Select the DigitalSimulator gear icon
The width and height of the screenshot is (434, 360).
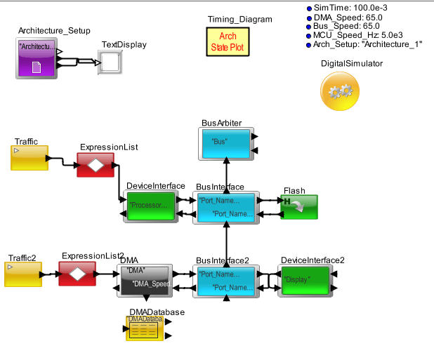341,91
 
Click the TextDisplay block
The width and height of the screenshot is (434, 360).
111,63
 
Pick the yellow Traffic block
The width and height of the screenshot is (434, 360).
29,158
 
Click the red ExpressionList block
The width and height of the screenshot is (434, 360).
96,165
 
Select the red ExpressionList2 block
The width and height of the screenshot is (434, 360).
77,274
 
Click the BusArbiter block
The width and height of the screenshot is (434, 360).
226,142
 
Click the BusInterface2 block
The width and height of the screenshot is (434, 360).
225,281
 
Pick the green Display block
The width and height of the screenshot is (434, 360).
304,281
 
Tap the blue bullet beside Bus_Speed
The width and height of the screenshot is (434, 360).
308,26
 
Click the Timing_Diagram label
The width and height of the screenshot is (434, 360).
239,19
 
